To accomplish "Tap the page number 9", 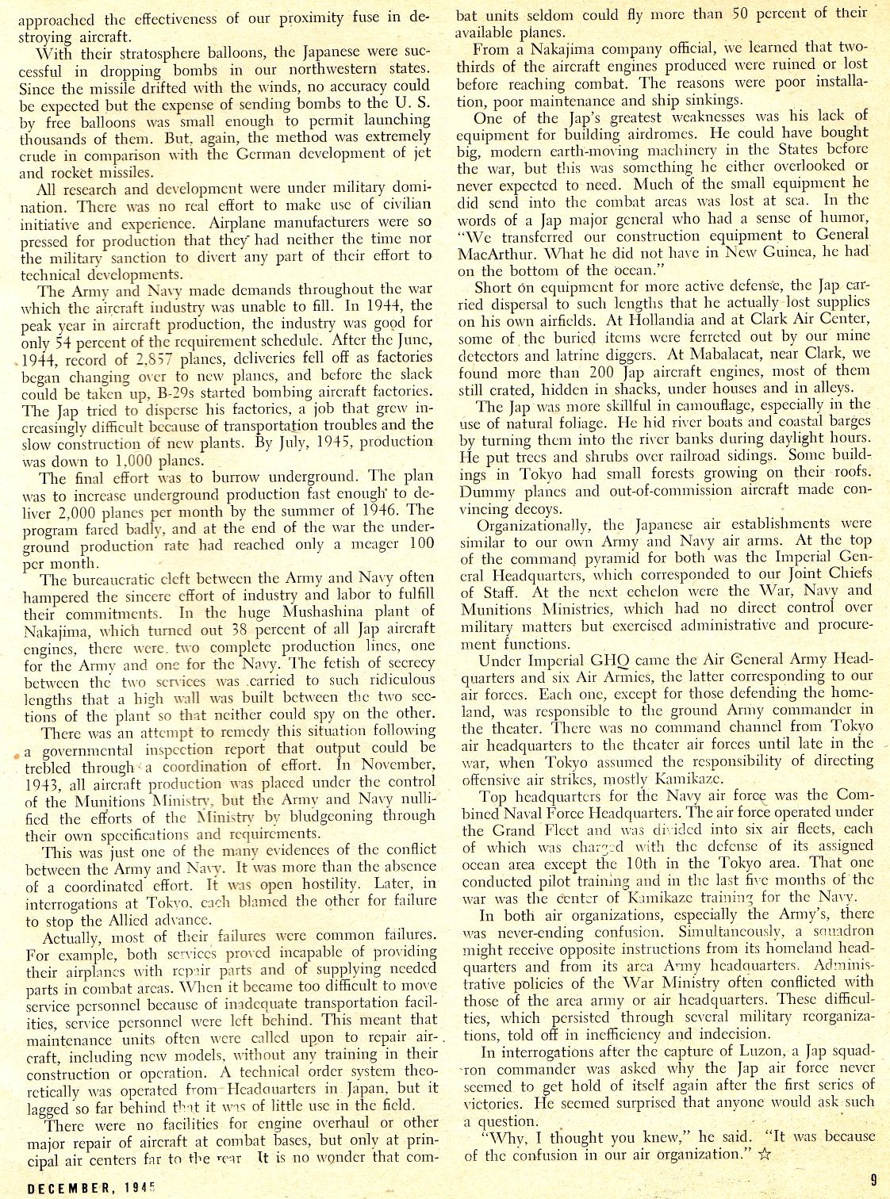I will [x=871, y=1178].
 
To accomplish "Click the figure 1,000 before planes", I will [x=140, y=461].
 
